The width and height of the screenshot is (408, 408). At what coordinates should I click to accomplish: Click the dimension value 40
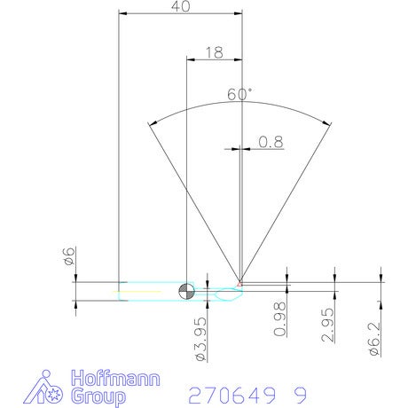[181, 6]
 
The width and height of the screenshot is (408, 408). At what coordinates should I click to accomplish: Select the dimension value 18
[215, 52]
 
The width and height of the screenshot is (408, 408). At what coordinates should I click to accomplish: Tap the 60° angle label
[239, 94]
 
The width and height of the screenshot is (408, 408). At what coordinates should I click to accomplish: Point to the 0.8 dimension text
[271, 142]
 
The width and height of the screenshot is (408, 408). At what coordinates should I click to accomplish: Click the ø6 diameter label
[68, 255]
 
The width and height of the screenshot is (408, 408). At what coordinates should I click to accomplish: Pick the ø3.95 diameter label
[201, 339]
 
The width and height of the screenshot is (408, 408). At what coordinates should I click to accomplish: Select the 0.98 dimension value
[280, 319]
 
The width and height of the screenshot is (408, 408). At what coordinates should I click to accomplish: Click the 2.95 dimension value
[328, 325]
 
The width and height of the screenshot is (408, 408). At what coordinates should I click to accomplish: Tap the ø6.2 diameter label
[374, 339]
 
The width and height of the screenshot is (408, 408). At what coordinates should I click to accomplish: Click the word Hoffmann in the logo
[115, 378]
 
